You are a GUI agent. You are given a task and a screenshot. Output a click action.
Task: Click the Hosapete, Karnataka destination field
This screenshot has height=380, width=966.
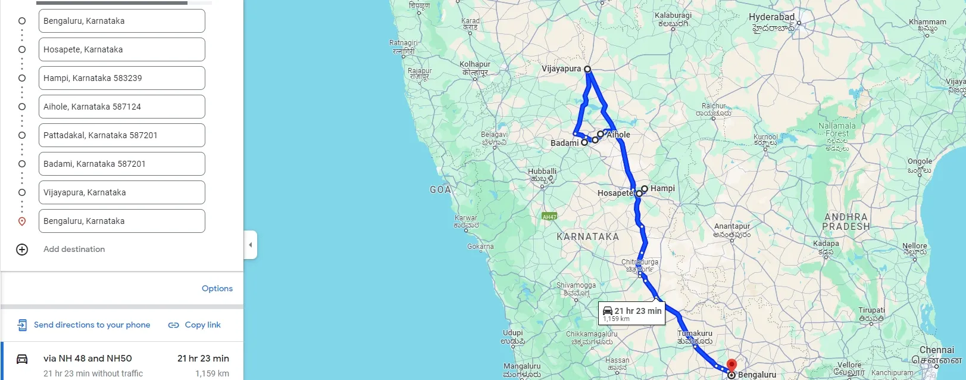(x=121, y=49)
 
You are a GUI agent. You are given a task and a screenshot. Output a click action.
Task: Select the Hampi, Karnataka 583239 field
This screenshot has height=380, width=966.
(x=121, y=78)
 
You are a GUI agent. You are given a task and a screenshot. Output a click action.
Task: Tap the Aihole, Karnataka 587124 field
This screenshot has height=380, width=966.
(x=121, y=107)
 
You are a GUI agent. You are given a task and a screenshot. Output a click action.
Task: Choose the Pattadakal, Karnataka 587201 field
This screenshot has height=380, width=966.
(x=121, y=135)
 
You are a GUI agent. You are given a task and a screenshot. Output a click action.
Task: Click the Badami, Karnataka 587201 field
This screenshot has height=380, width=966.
(x=121, y=164)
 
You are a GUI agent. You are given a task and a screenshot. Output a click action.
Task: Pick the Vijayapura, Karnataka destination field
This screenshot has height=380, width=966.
(x=121, y=192)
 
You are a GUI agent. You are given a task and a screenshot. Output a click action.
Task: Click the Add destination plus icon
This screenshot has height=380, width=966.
(x=22, y=250)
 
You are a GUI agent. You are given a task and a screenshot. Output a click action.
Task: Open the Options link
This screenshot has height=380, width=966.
(x=217, y=288)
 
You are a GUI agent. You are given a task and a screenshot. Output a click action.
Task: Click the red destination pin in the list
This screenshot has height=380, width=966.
(x=22, y=222)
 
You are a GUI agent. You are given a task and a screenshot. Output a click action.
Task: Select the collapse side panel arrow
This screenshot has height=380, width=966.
(x=251, y=245)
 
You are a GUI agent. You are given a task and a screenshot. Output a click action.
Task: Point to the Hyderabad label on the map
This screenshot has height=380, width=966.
(x=771, y=17)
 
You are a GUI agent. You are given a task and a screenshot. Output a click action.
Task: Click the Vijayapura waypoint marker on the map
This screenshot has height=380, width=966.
(x=587, y=69)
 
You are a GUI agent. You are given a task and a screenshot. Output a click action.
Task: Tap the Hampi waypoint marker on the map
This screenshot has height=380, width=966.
(x=645, y=189)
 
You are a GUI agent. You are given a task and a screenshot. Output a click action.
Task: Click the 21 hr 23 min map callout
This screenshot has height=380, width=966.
(x=632, y=313)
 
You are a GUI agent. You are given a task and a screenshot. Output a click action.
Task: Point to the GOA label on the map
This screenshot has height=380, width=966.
(x=440, y=189)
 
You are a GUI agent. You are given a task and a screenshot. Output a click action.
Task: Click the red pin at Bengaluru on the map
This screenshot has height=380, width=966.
(x=731, y=365)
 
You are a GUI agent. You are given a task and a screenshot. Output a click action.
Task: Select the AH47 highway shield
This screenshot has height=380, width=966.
(x=549, y=217)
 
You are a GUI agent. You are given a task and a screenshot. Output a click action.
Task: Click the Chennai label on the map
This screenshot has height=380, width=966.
(x=936, y=350)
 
